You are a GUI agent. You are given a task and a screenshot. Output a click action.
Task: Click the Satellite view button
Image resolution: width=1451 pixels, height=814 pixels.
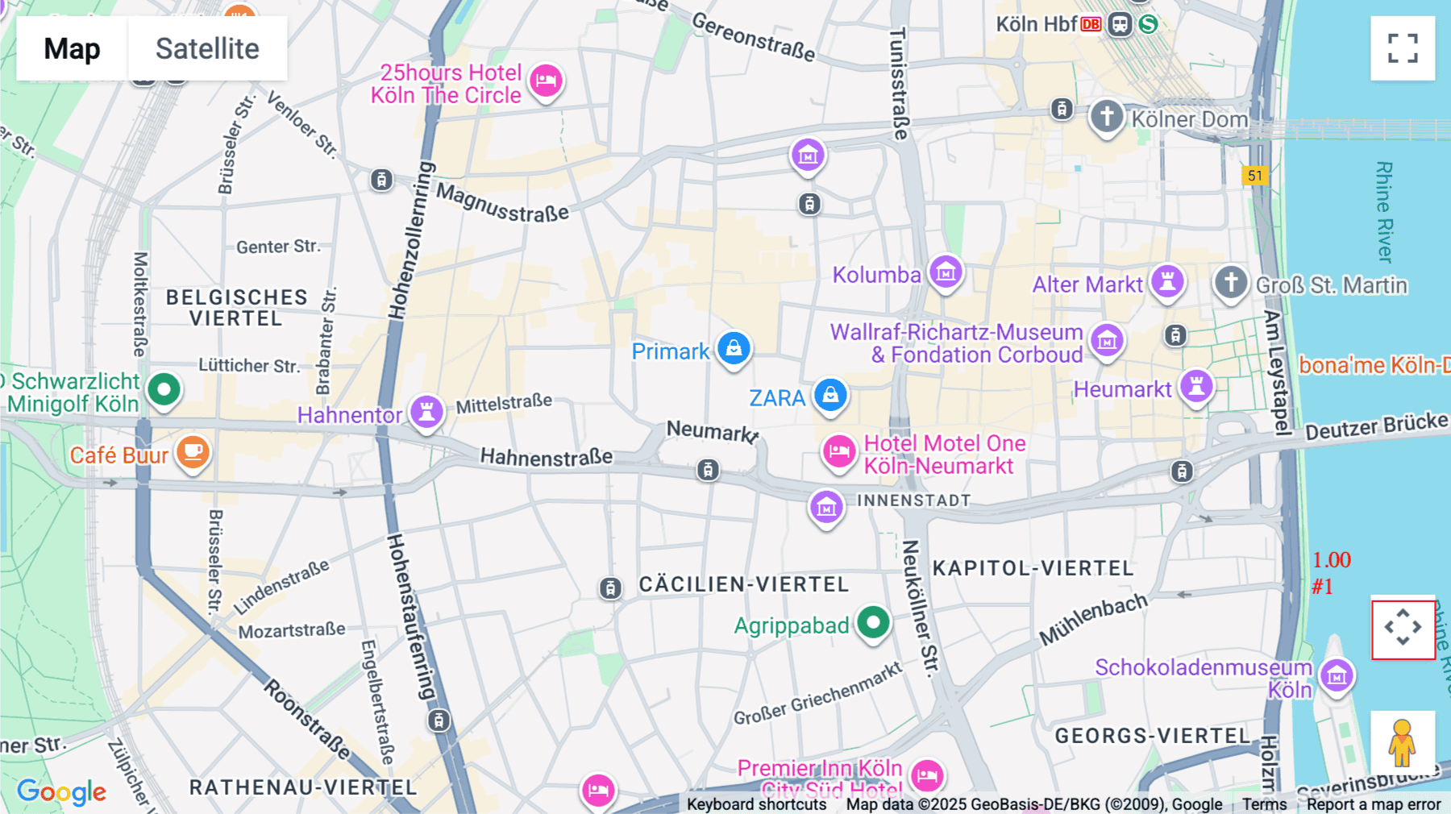pyautogui.click(x=207, y=48)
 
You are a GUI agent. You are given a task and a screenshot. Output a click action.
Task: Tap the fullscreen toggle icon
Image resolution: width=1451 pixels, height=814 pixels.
pyautogui.click(x=1403, y=48)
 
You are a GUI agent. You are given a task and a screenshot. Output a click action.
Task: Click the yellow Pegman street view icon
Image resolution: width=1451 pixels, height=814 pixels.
pyautogui.click(x=1402, y=742)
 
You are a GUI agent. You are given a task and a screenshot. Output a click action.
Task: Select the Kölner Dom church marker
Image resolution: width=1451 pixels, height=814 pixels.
pyautogui.click(x=1107, y=116)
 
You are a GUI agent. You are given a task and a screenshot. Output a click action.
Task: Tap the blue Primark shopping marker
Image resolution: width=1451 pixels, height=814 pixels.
pyautogui.click(x=734, y=348)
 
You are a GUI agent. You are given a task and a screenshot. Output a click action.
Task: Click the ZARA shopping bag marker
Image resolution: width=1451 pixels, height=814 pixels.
pyautogui.click(x=830, y=395)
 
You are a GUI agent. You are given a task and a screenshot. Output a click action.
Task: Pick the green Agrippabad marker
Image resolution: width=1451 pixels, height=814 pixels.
pyautogui.click(x=873, y=622)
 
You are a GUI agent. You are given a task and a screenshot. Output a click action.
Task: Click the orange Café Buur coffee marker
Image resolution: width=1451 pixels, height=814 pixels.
pyautogui.click(x=193, y=452)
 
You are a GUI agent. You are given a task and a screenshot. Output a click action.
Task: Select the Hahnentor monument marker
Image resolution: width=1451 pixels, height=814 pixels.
pyautogui.click(x=426, y=412)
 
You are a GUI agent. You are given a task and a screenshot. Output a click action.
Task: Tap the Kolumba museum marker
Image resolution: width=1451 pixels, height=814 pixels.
pyautogui.click(x=946, y=272)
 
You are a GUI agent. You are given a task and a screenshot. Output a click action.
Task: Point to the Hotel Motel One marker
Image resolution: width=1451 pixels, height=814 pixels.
pyautogui.click(x=838, y=451)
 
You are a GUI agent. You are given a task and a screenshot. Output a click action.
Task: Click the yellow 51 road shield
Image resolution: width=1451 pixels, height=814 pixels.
pyautogui.click(x=1255, y=176)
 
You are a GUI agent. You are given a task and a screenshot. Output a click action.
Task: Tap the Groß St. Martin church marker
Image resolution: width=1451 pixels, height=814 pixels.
pyautogui.click(x=1230, y=283)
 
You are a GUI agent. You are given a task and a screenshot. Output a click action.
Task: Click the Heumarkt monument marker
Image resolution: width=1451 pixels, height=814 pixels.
pyautogui.click(x=1196, y=386)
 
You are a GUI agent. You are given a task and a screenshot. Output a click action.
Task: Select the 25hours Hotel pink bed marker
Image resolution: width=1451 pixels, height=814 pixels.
pyautogui.click(x=546, y=81)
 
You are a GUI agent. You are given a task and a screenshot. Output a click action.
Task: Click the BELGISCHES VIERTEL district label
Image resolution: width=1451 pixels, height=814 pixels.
pyautogui.click(x=236, y=308)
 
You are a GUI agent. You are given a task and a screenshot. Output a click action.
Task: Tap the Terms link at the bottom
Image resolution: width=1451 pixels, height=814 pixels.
pyautogui.click(x=1264, y=804)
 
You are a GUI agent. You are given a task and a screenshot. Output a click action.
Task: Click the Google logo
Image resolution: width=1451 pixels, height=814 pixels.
pyautogui.click(x=61, y=792)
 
